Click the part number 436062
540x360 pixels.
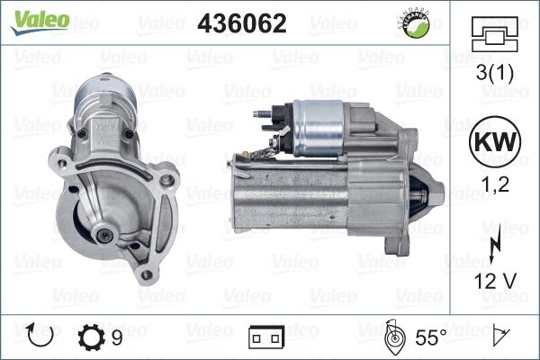click(x=241, y=24)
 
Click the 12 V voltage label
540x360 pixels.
click(x=493, y=280)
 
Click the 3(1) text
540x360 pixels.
click(x=493, y=77)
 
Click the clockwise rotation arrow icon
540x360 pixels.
click(x=42, y=337)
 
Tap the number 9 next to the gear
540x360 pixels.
click(x=117, y=338)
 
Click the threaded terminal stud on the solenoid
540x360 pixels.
click(x=262, y=115)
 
